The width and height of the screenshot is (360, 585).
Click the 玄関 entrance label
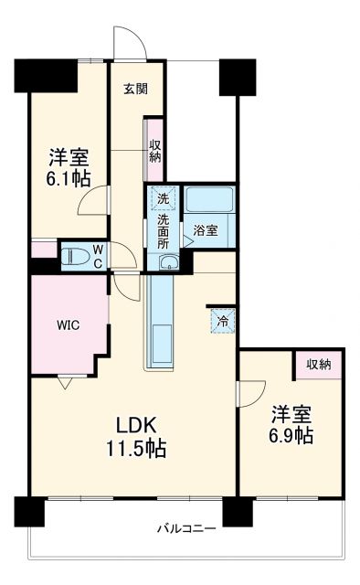(x=136, y=89)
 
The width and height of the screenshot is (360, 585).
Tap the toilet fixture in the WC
(x=76, y=254)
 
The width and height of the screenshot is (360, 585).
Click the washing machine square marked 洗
(x=162, y=198)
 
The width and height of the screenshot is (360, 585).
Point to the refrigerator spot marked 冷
(x=221, y=321)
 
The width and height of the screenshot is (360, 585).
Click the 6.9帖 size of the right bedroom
(x=291, y=436)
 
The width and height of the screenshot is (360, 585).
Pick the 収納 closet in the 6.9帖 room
(x=318, y=364)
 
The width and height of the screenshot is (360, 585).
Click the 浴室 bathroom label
(x=206, y=231)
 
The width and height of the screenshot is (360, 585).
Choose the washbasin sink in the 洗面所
(x=165, y=263)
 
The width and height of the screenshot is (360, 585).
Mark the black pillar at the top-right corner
(x=237, y=76)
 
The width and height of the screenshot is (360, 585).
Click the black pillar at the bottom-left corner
(x=30, y=511)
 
